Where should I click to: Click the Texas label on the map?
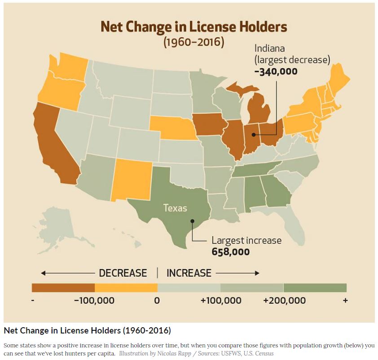(x=175, y=208)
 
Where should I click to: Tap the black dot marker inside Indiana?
(x=253, y=134)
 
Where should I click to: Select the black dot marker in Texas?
(x=192, y=221)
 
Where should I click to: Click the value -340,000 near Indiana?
(x=276, y=71)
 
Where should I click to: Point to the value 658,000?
(x=230, y=252)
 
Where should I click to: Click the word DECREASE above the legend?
(x=123, y=273)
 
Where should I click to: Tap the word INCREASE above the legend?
(x=189, y=273)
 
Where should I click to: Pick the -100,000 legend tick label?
(x=94, y=300)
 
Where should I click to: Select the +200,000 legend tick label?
(x=285, y=300)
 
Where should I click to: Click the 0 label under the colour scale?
(x=157, y=300)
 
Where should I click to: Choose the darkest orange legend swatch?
(x=63, y=288)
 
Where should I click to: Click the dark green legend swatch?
(x=315, y=288)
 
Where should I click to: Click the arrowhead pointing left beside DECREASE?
(x=43, y=273)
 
